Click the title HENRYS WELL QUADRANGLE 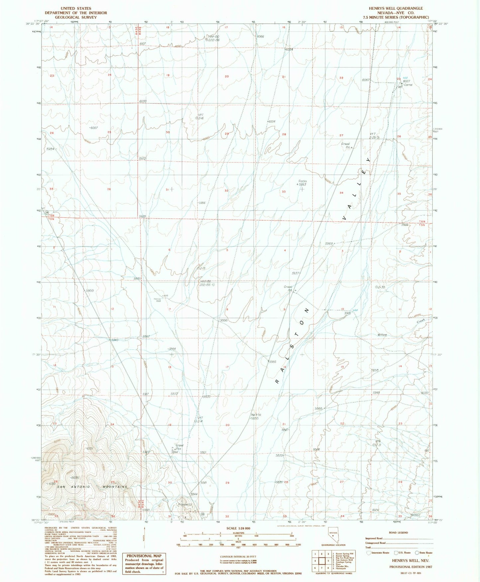[x=396, y=8]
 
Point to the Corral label [x=408, y=85]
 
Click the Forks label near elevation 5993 [x=303, y=181]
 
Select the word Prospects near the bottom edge [x=185, y=504]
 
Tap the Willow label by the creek [x=382, y=335]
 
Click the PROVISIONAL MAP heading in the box [x=144, y=555]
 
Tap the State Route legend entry [x=424, y=553]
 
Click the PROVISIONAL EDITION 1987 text [x=411, y=567]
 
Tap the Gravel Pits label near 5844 [x=179, y=447]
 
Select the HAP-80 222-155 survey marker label [x=206, y=283]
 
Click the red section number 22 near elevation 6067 [x=341, y=78]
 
